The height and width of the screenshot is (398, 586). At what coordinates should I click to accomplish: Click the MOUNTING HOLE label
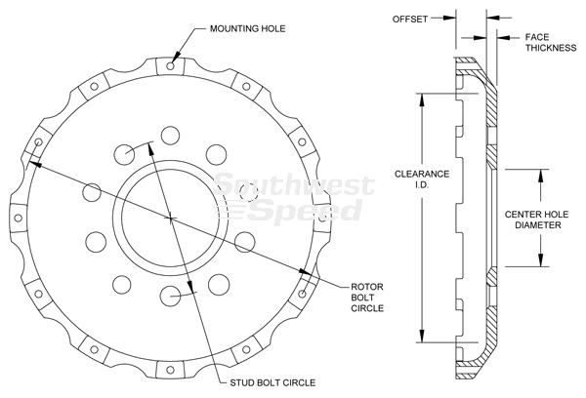(x=247, y=28)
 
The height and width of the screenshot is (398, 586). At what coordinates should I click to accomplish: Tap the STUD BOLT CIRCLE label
(x=272, y=382)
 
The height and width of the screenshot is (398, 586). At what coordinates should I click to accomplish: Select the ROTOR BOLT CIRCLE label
(x=367, y=298)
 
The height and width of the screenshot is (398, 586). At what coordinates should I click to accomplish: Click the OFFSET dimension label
(x=409, y=20)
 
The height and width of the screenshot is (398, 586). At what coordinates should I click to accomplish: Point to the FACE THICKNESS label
(x=551, y=43)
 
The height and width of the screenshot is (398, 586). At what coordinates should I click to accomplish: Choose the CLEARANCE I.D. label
(x=422, y=179)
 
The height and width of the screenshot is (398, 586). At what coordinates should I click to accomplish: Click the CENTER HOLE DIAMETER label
(x=536, y=219)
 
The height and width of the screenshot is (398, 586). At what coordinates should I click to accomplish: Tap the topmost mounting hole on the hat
(x=170, y=66)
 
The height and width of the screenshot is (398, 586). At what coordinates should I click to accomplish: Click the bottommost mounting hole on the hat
(x=170, y=370)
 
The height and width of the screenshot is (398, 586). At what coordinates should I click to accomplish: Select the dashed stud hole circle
(x=247, y=192)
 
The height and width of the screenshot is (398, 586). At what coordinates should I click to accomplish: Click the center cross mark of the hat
(x=170, y=219)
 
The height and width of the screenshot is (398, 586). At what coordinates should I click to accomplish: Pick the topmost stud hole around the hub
(x=170, y=136)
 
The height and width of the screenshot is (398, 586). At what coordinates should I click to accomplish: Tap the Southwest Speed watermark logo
(x=293, y=198)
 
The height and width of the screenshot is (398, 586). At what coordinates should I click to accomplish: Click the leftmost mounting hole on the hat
(x=18, y=219)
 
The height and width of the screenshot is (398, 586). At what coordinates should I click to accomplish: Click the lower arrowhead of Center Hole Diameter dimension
(x=540, y=259)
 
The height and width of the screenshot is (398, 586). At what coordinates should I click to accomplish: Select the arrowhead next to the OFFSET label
(x=449, y=18)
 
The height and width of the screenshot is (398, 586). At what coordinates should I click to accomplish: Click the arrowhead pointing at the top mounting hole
(x=177, y=58)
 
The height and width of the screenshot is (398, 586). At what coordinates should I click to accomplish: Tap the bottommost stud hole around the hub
(x=170, y=297)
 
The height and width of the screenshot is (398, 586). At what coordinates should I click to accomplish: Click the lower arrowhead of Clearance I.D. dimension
(x=422, y=336)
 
